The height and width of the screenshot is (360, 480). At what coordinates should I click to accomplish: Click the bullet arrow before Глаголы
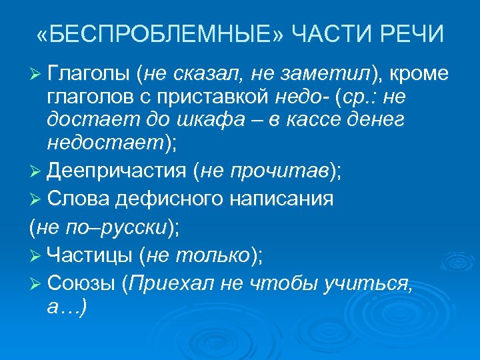37,73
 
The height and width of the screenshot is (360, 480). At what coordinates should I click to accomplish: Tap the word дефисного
176,198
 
